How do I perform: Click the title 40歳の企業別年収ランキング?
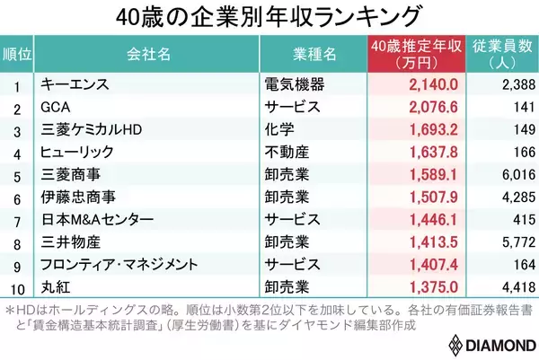(x=270, y=17)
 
